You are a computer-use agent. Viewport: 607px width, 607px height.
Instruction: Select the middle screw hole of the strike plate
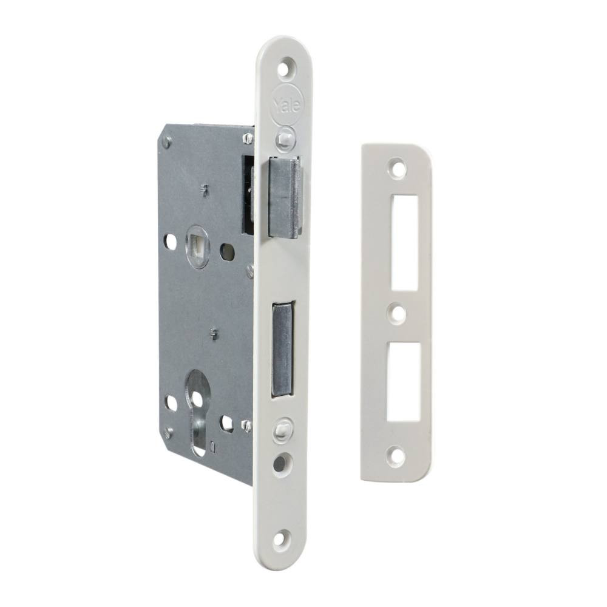(397, 314)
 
